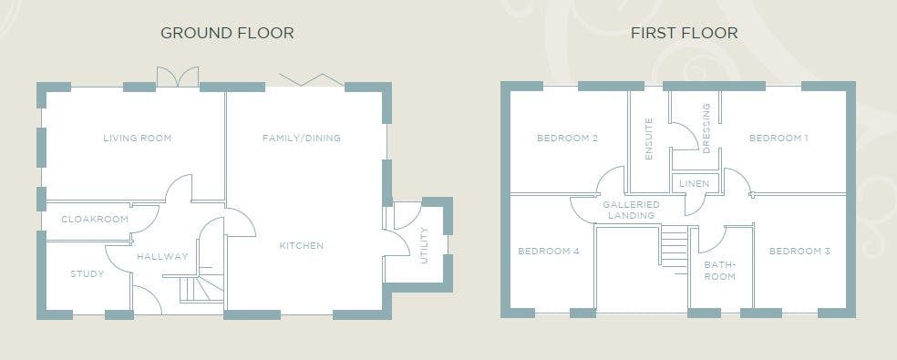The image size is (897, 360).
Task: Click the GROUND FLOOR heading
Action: coord(227,33)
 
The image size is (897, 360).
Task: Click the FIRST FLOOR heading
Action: coord(685,33)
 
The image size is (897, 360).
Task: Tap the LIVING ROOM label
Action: coord(138,138)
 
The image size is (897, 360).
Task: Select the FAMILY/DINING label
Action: coord(302,138)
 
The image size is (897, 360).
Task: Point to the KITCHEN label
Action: coord(302,245)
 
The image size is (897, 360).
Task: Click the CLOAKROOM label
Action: coord(95,220)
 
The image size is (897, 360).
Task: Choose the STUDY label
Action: coord(88,274)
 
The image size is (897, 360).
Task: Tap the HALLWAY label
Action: coord(162,257)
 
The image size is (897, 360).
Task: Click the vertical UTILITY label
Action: coord(424,245)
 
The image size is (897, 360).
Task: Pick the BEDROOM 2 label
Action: coord(568,138)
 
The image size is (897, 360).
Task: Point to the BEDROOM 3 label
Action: coord(799,252)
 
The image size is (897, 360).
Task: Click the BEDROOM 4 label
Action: coord(549,252)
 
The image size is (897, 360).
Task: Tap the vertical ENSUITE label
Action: coord(649,139)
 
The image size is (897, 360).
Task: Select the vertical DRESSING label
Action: coord(706,129)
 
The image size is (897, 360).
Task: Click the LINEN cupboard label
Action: coord(695,184)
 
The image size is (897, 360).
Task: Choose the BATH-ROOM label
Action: coord(719,271)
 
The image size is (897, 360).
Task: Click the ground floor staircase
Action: coord(201,283)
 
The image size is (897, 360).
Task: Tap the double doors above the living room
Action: coord(178,77)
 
